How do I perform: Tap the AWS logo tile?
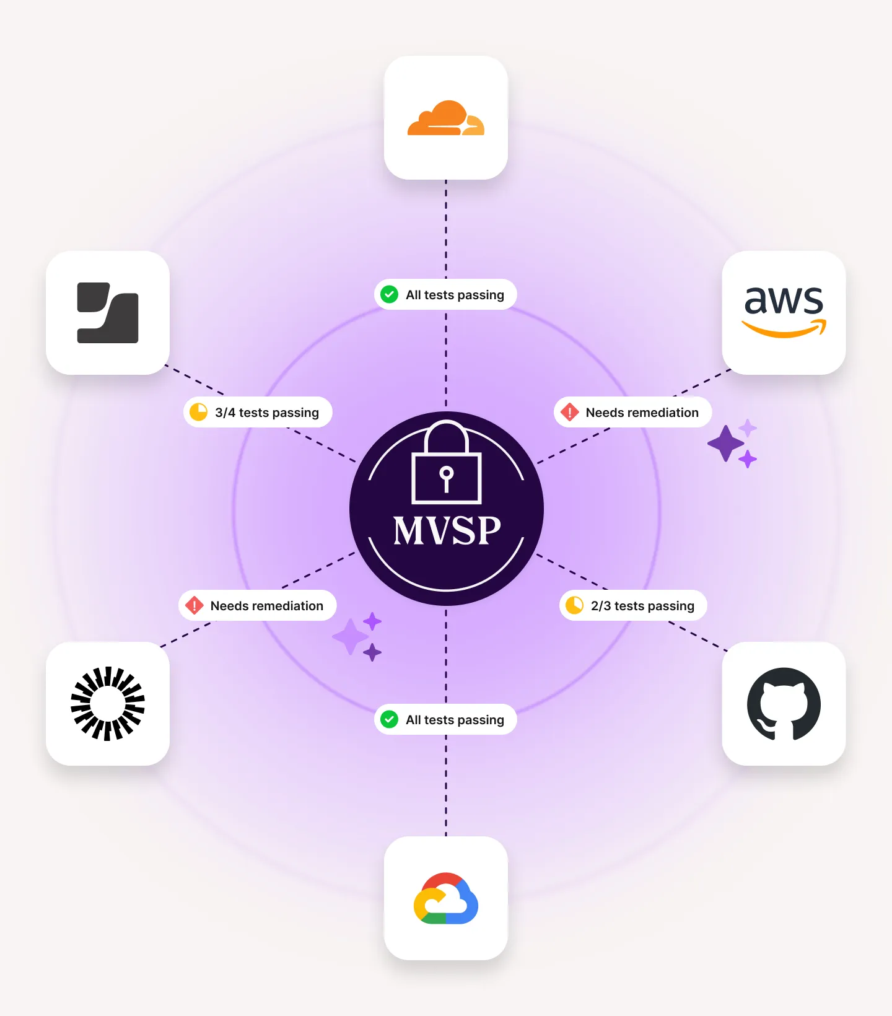784,313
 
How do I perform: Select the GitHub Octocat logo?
784,704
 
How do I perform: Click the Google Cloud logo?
446,898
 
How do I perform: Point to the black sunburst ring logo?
108,704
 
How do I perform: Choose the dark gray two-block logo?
108,313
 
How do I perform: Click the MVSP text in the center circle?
447,531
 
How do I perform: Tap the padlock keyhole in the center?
446,479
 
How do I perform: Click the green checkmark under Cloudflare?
389,294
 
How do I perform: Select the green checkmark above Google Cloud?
389,719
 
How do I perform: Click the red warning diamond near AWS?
569,412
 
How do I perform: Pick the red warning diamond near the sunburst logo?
194,605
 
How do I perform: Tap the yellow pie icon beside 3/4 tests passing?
198,412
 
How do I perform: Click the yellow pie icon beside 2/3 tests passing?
574,605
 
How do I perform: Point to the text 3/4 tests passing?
267,413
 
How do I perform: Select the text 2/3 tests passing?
642,606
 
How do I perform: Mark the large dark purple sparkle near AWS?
725,444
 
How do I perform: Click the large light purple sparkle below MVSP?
351,636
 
